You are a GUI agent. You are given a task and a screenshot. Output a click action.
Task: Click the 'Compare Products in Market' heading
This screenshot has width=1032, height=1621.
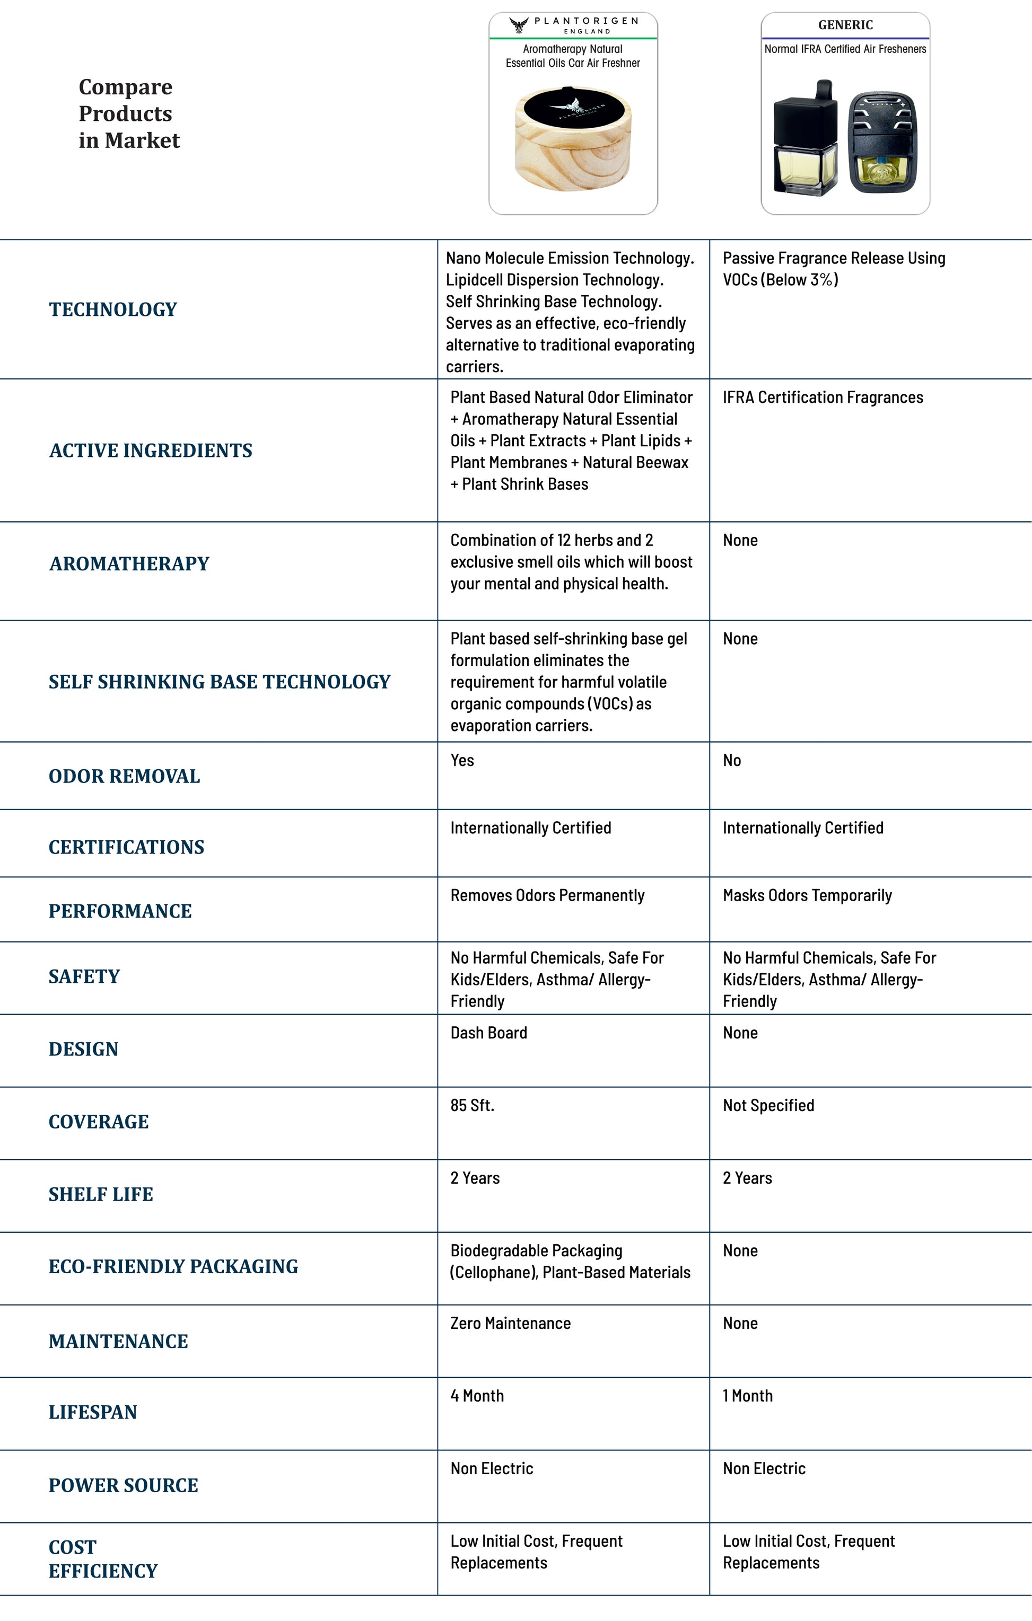coord(129,113)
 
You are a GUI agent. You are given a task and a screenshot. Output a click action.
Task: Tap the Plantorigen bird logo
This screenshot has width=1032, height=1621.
coord(519,25)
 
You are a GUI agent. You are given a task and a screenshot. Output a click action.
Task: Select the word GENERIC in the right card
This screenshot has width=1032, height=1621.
coord(845,25)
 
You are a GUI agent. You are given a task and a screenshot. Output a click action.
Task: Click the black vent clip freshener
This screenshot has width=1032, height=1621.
coord(882,143)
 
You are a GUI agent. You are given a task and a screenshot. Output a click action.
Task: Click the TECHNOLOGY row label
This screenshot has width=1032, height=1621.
coord(112,309)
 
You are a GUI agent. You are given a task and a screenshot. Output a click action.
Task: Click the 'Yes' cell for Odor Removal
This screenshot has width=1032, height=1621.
coord(462,760)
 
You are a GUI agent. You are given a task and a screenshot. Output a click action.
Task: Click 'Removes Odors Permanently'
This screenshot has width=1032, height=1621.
coord(547,895)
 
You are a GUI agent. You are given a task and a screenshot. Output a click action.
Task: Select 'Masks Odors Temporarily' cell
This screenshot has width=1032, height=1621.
coord(807,895)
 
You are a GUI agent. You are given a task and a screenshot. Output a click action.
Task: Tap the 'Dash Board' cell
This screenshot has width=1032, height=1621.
coord(488,1033)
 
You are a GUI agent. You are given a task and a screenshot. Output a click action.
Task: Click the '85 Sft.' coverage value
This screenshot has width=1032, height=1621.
coord(472,1105)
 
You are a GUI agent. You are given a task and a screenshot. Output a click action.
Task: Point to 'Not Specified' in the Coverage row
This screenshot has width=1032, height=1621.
coord(768,1105)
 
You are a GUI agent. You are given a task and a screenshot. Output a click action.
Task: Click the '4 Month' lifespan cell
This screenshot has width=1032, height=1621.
coord(477,1396)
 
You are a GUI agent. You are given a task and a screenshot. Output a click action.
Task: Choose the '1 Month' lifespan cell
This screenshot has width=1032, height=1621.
coord(747,1396)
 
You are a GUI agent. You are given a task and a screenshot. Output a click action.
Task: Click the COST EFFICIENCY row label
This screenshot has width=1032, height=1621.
coord(102,1559)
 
